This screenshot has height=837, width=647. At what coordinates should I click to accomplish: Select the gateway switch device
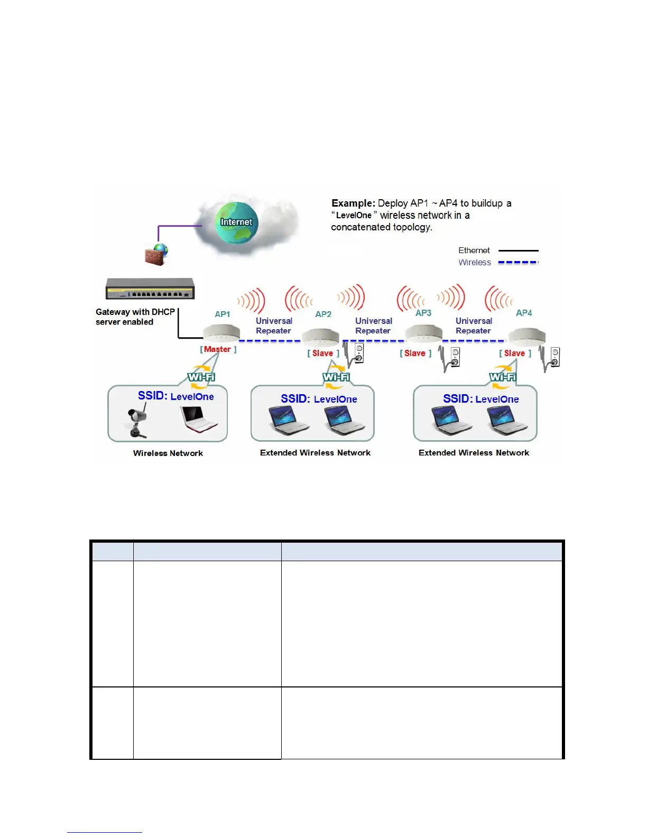151,289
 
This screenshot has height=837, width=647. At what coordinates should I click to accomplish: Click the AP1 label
223,314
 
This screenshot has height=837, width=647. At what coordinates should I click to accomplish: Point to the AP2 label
323,314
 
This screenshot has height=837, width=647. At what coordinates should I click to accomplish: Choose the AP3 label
423,313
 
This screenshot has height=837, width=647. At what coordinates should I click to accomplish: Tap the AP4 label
524,313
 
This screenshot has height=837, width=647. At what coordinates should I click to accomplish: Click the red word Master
217,349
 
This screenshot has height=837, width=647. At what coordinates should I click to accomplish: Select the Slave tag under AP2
323,354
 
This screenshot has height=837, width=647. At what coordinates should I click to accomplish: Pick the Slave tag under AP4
515,354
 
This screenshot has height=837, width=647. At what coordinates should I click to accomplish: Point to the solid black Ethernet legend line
518,250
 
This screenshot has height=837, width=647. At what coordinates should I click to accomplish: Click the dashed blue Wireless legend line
518,262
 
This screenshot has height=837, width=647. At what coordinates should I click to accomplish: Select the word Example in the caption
353,203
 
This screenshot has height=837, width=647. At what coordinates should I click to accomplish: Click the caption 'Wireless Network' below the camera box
168,453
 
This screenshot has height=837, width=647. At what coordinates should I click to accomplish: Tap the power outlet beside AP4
554,357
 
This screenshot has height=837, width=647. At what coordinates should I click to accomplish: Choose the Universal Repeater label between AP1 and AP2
274,325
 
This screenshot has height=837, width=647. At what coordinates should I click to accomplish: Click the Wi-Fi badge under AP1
201,377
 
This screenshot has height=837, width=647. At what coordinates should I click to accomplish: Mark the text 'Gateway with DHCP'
135,312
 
